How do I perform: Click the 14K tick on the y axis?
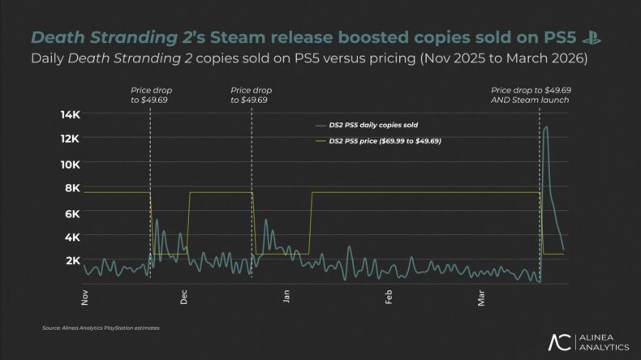pos(68,114)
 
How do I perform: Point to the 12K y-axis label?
pos(68,139)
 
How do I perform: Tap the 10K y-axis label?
pos(68,164)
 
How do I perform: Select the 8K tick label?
pos(71,188)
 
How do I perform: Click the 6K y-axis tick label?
pos(71,213)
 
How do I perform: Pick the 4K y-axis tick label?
pos(71,238)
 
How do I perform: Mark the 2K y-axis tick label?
pos(71,261)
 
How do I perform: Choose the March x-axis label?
pos(481,296)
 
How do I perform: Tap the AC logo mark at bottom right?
pos(559,341)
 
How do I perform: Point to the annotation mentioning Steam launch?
pos(531,94)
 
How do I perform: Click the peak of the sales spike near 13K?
pos(546,126)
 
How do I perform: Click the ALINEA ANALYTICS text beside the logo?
pos(603,341)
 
